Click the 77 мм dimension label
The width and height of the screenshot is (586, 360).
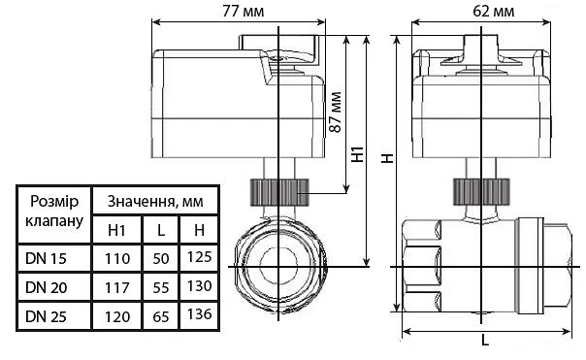[x=243, y=12]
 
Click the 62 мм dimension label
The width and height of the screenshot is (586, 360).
[x=493, y=12]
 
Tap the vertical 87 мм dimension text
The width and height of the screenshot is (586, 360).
[x=336, y=113]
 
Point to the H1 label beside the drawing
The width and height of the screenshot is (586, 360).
[x=358, y=154]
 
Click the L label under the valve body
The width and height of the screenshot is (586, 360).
[x=485, y=340]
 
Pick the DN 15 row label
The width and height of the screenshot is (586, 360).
[x=46, y=258]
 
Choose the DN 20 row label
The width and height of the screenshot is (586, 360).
[x=46, y=287]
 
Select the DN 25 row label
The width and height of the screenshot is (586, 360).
[x=46, y=316]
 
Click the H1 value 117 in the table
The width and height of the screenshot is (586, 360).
[x=117, y=288]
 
